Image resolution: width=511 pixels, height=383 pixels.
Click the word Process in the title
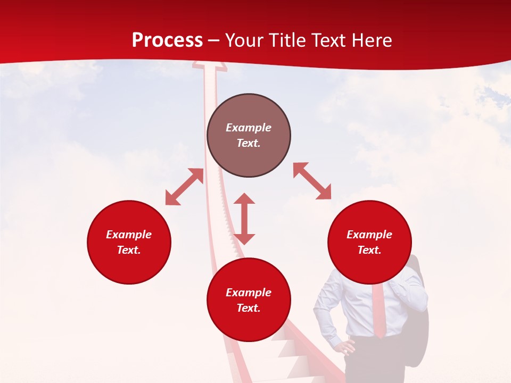tap(167, 40)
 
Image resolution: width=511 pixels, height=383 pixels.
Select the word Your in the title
tap(245, 40)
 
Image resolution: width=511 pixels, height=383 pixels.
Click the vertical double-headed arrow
tap(244, 219)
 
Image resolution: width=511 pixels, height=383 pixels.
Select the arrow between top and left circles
tap(184, 187)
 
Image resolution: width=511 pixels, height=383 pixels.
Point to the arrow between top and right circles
tap(312, 181)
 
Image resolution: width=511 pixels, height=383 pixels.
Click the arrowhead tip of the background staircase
tap(209, 65)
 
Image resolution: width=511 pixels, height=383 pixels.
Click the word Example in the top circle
tap(249, 128)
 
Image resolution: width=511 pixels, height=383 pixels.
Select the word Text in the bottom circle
tap(248, 308)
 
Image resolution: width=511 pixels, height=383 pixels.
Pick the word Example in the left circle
tap(129, 235)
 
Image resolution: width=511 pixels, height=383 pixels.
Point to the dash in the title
tap(214, 41)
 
